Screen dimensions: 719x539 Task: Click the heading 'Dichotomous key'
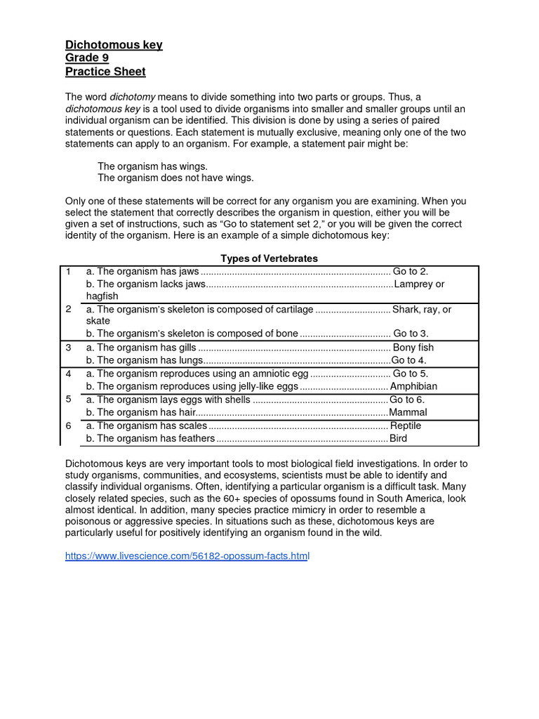[x=114, y=45]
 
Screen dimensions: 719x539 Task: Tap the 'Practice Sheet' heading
[x=105, y=72]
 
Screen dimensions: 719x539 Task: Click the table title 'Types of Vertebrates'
[x=269, y=258]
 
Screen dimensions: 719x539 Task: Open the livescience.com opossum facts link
[x=187, y=555]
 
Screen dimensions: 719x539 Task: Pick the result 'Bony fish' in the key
[x=413, y=348]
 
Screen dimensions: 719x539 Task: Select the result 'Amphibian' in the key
[x=413, y=386]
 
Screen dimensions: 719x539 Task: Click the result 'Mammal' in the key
[x=408, y=412]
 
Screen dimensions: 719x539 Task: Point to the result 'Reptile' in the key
[x=406, y=426]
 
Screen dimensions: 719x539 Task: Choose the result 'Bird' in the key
[x=398, y=438]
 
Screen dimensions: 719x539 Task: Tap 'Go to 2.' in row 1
[x=411, y=271]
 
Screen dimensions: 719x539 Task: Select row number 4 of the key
[x=68, y=374]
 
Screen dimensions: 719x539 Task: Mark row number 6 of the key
[x=68, y=426]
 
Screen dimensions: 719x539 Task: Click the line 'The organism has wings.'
[x=152, y=166]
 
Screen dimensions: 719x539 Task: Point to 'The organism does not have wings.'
[x=175, y=178]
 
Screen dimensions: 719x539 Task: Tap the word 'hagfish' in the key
[x=102, y=296]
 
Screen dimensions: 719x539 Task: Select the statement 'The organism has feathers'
[x=149, y=438]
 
